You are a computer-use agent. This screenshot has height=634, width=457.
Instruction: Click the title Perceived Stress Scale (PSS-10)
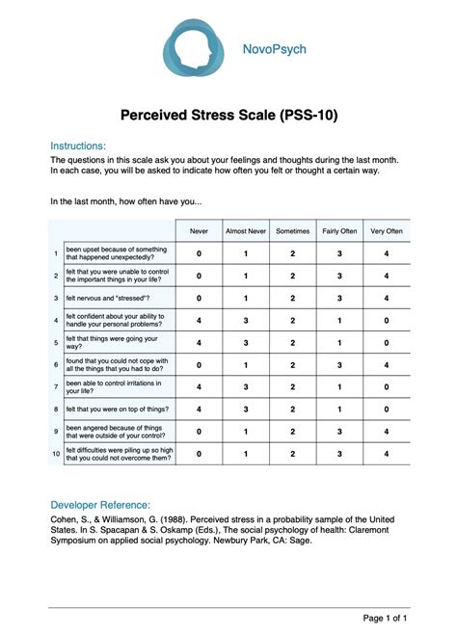click(x=228, y=116)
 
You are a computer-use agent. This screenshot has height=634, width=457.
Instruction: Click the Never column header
click(x=200, y=231)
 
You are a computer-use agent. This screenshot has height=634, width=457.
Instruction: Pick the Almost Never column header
click(x=245, y=231)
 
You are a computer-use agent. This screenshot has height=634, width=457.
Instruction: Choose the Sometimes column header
click(x=292, y=231)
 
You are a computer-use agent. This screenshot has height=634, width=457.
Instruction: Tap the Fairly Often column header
click(x=339, y=231)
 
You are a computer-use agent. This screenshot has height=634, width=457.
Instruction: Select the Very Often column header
click(x=387, y=231)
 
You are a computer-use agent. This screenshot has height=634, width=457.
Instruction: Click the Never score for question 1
click(x=200, y=253)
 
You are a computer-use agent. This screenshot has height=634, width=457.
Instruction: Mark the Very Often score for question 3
click(x=387, y=299)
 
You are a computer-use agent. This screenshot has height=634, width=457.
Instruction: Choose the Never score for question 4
click(x=200, y=321)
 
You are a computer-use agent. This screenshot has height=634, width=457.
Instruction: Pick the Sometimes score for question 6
click(x=292, y=365)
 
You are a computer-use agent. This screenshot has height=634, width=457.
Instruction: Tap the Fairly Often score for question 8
click(x=339, y=409)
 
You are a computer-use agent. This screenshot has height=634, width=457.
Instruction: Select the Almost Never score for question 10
click(x=245, y=453)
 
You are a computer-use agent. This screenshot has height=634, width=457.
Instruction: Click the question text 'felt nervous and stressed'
click(x=107, y=299)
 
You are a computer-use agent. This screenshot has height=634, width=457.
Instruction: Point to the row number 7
click(x=56, y=387)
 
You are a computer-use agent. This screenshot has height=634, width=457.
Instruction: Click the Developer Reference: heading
click(x=100, y=504)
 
